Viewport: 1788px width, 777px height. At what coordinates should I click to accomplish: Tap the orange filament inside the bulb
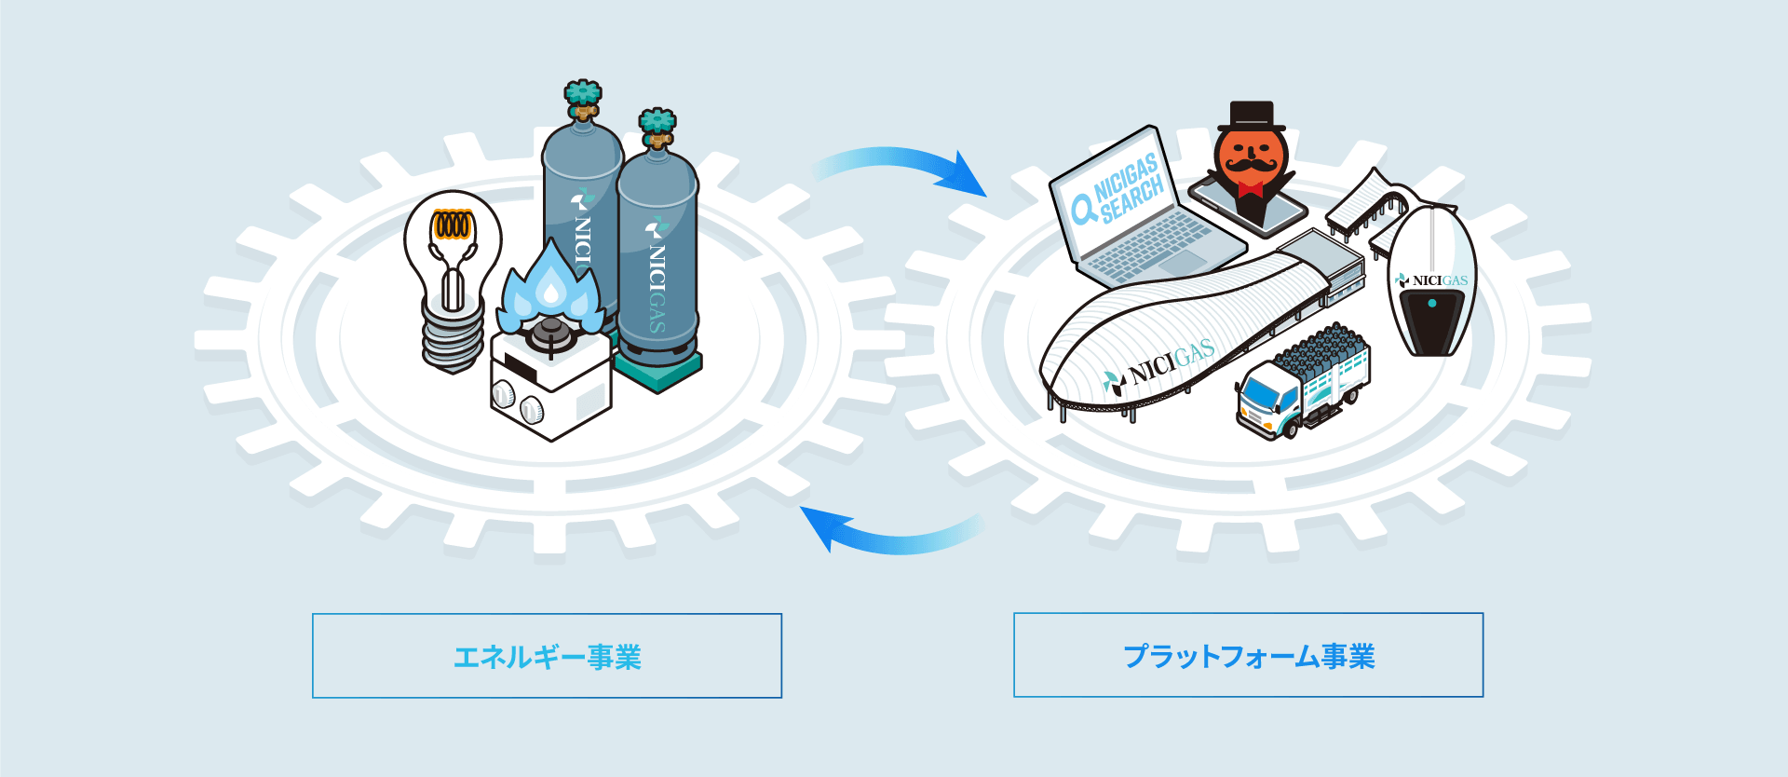pos(453,225)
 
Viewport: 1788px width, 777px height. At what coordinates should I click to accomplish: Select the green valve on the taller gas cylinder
pos(583,95)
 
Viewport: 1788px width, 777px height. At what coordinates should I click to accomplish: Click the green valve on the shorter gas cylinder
pos(657,123)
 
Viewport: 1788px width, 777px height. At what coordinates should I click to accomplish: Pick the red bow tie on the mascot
pos(1250,190)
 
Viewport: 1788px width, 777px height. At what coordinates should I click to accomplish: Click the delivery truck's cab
pos(1266,401)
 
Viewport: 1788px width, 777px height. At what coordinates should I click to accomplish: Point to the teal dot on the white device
pos(1432,303)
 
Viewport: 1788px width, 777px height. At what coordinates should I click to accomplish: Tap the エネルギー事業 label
pos(547,657)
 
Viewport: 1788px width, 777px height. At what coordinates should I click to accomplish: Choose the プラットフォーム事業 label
pos(1248,656)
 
